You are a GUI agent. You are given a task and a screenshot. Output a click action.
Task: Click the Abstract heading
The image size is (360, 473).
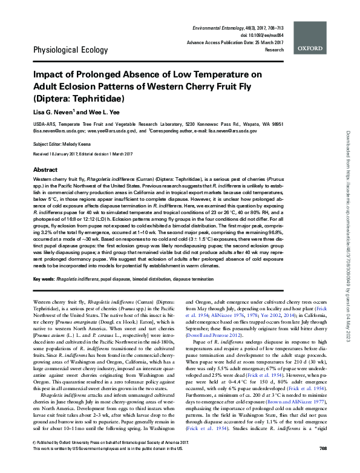click(x=45, y=170)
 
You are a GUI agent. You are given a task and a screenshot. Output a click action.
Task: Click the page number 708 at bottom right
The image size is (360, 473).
click(x=322, y=465)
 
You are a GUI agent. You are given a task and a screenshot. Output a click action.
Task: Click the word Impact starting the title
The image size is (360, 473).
click(x=49, y=75)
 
